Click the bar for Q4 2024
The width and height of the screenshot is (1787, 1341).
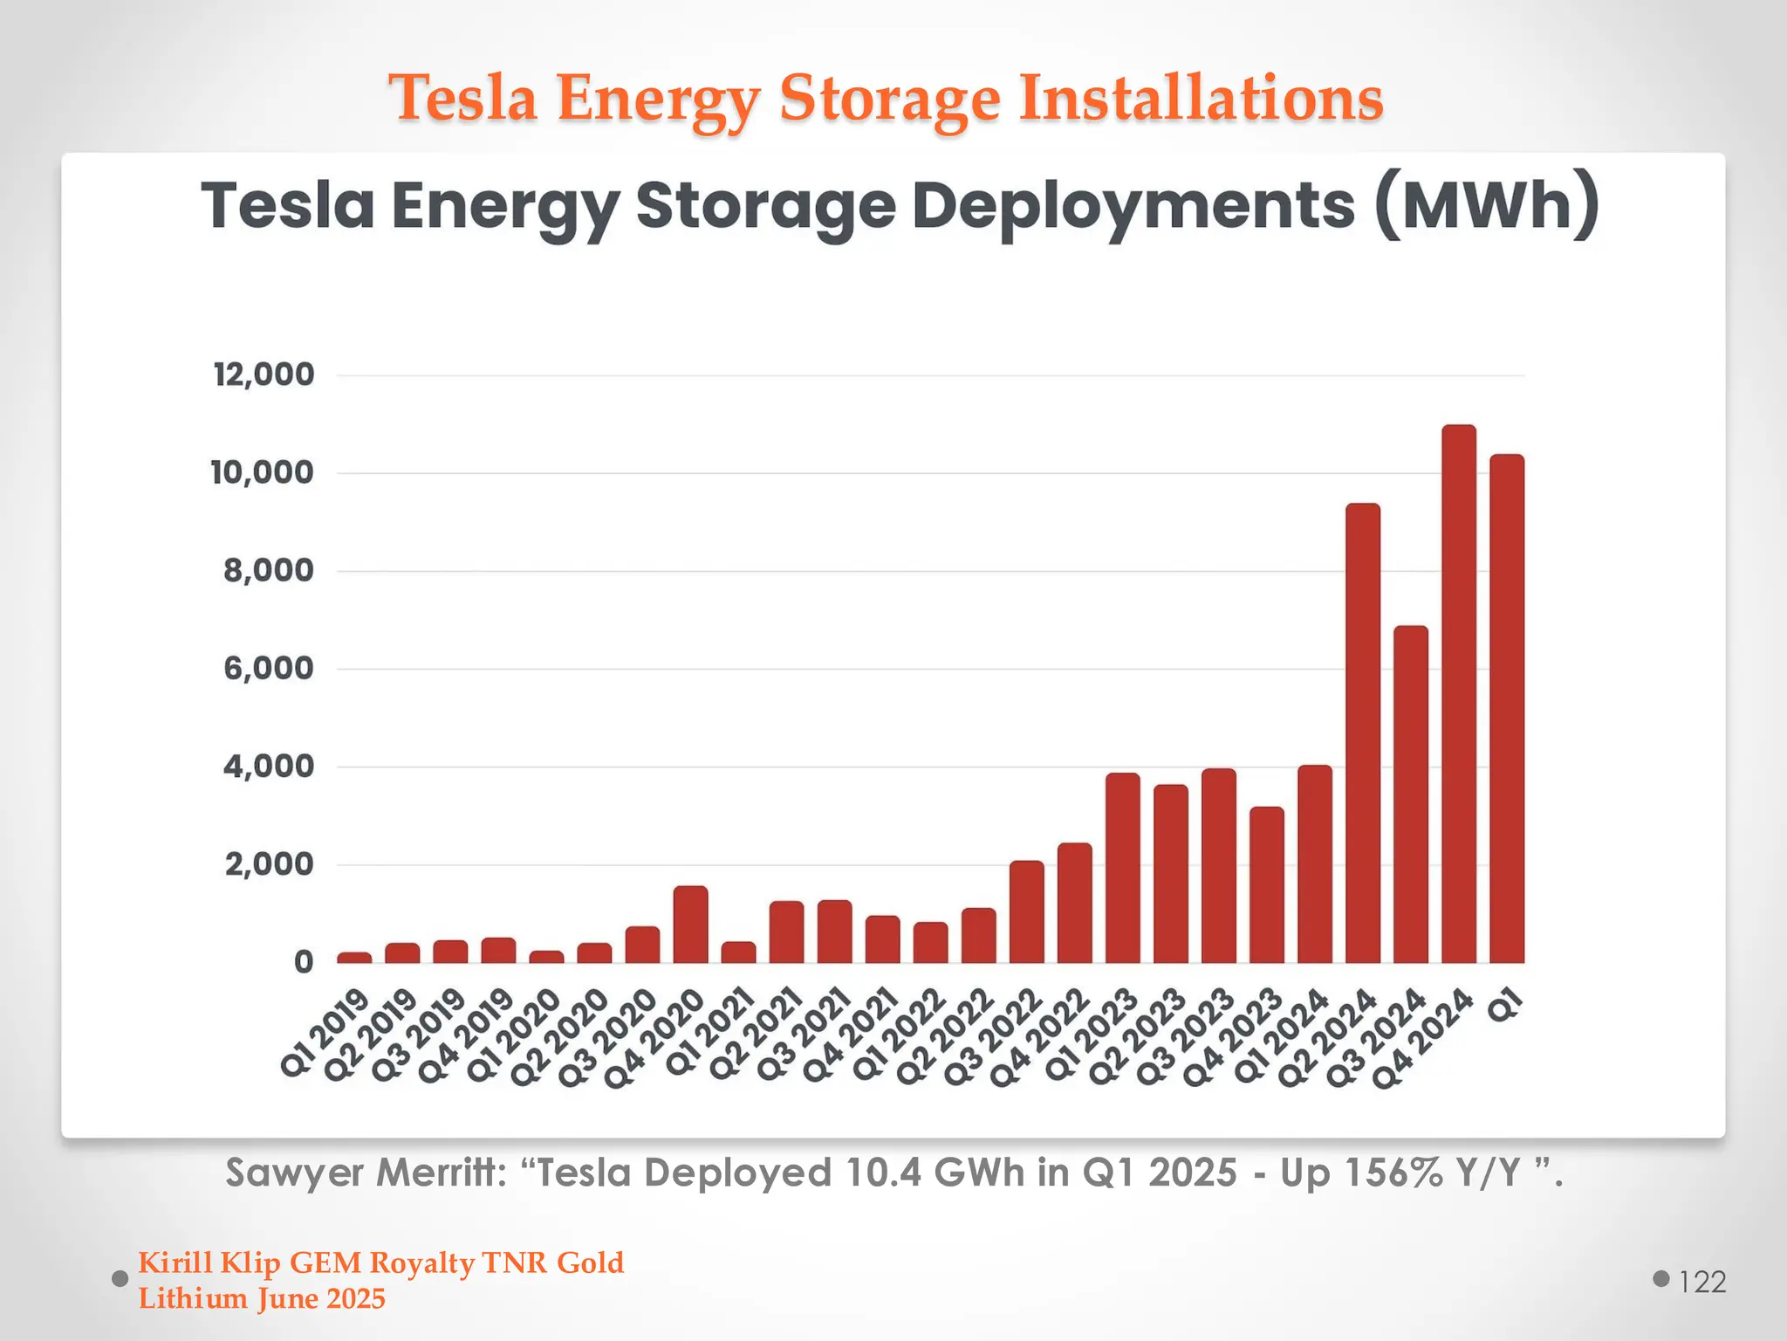1458,694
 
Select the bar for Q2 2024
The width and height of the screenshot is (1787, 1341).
1362,733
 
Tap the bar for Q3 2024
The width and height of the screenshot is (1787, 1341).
1410,794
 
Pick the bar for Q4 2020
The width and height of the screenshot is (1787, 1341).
690,925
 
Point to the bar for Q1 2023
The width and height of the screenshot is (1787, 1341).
1122,868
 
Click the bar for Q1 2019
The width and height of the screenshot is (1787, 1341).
354,958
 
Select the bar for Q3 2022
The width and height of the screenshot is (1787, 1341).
1026,911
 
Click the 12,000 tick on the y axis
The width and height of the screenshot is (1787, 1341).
264,375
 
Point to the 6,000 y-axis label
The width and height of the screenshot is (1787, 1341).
268,669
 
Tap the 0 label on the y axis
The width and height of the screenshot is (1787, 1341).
303,962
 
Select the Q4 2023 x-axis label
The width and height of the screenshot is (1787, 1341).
1232,1037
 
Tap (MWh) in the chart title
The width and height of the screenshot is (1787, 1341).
1487,206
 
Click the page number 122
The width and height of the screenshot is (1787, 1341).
1701,1282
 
